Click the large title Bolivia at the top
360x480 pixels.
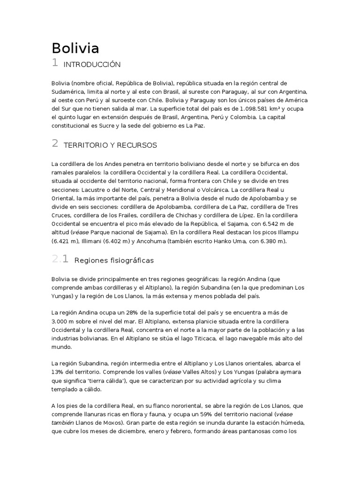pyautogui.click(x=75, y=49)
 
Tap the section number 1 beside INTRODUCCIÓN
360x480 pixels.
pyautogui.click(x=54, y=63)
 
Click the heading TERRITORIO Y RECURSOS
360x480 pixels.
pyautogui.click(x=110, y=145)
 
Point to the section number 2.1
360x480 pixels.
pyautogui.click(x=60, y=259)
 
